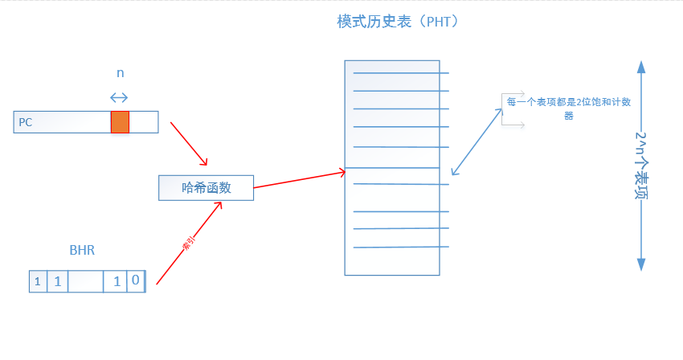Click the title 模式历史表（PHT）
398,22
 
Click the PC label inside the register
26,122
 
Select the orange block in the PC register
120,121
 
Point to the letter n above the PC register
121,72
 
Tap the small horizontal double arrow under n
119,97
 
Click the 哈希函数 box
207,187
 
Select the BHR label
82,250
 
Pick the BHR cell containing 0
136,281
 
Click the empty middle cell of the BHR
86,281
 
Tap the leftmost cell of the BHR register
38,281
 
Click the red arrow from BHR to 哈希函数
189,243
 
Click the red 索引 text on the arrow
190,245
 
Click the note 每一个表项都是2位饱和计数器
568,108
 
